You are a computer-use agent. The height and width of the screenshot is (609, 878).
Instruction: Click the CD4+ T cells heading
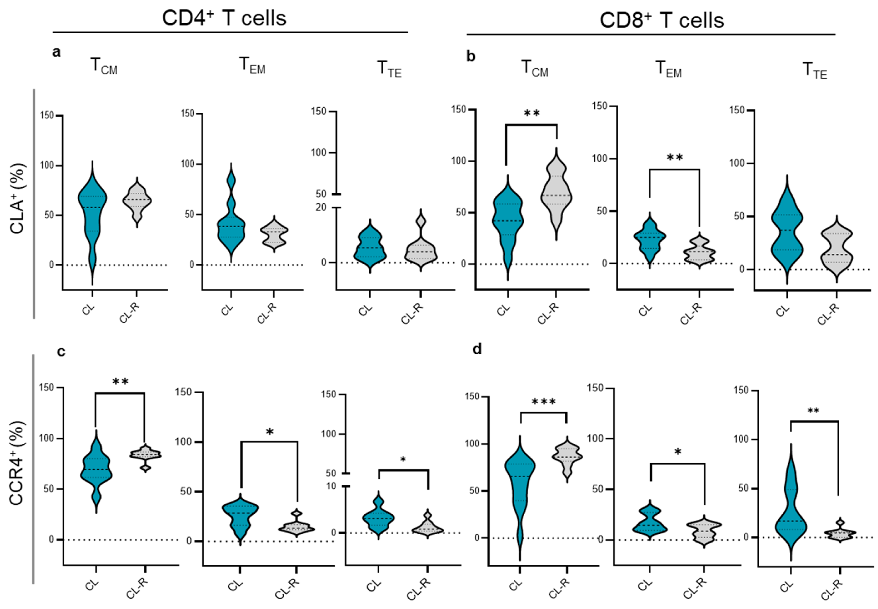(224, 18)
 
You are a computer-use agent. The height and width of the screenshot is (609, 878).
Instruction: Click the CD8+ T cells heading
(662, 20)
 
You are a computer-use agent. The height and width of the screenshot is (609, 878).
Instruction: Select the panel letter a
(56, 52)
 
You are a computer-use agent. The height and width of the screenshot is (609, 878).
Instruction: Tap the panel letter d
(477, 349)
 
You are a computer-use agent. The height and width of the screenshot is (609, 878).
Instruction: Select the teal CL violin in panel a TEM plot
(231, 225)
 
